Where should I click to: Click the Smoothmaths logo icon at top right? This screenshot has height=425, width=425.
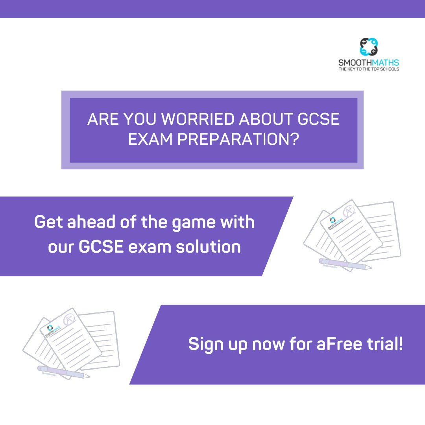(x=369, y=47)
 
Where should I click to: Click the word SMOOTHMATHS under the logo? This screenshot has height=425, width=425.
(x=369, y=63)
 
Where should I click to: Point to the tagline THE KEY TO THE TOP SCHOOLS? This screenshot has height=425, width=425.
(x=369, y=69)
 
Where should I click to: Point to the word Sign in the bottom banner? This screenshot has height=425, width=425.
(x=205, y=345)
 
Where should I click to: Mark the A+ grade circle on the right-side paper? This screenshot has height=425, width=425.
(x=349, y=212)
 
